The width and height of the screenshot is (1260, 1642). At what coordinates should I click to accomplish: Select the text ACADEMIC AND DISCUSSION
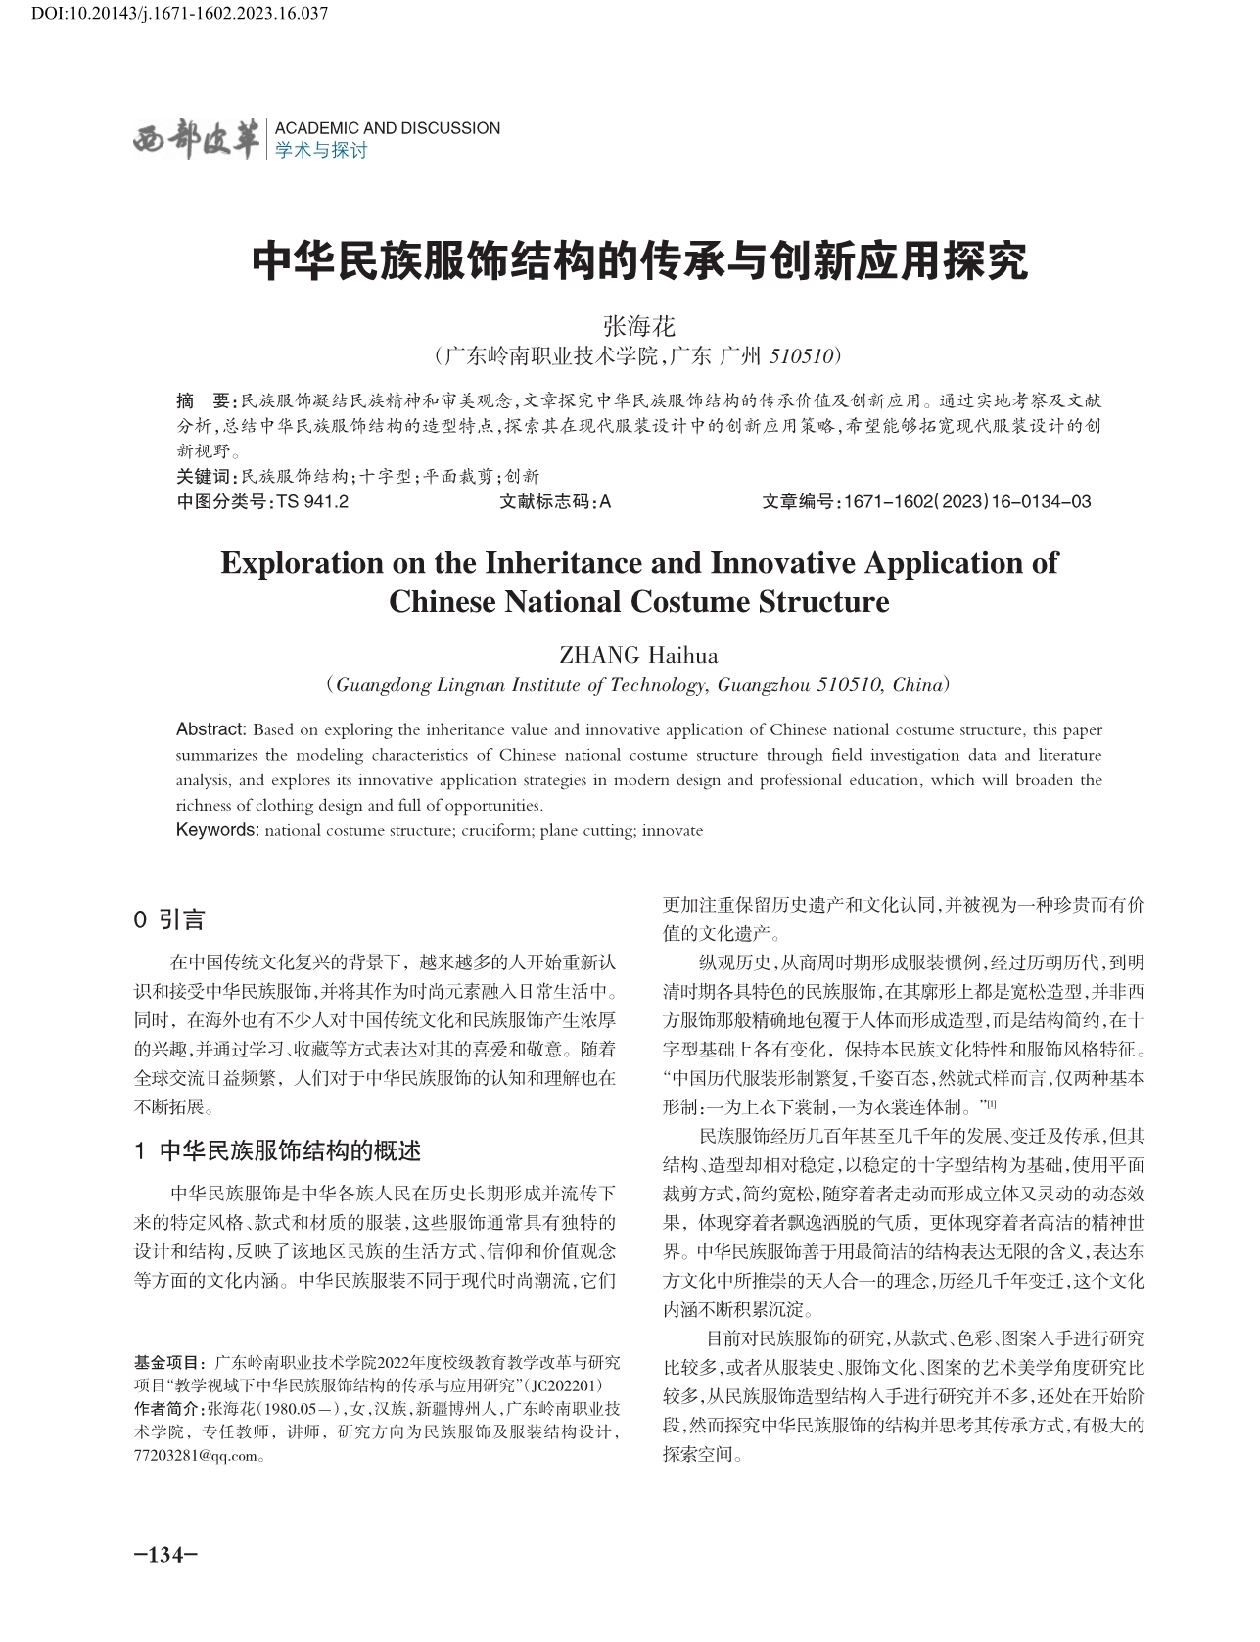(388, 128)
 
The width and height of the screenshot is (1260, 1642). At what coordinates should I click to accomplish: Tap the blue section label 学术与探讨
(321, 151)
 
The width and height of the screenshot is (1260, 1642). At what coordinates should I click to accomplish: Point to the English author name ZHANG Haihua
(638, 655)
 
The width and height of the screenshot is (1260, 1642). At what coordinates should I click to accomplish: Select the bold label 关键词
(204, 477)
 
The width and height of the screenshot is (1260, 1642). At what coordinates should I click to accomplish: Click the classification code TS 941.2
(313, 502)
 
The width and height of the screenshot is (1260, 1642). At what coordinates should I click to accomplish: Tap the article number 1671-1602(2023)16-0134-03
(966, 502)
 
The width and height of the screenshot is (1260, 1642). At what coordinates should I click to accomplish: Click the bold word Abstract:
(210, 729)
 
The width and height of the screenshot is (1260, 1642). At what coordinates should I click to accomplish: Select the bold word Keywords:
(217, 831)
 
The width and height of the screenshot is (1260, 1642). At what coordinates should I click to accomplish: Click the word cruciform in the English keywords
(496, 831)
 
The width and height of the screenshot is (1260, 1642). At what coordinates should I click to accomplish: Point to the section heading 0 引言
(169, 919)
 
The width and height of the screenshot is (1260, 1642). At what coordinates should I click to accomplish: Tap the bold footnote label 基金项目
(168, 1362)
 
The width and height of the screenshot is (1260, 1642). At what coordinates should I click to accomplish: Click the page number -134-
(165, 1556)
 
